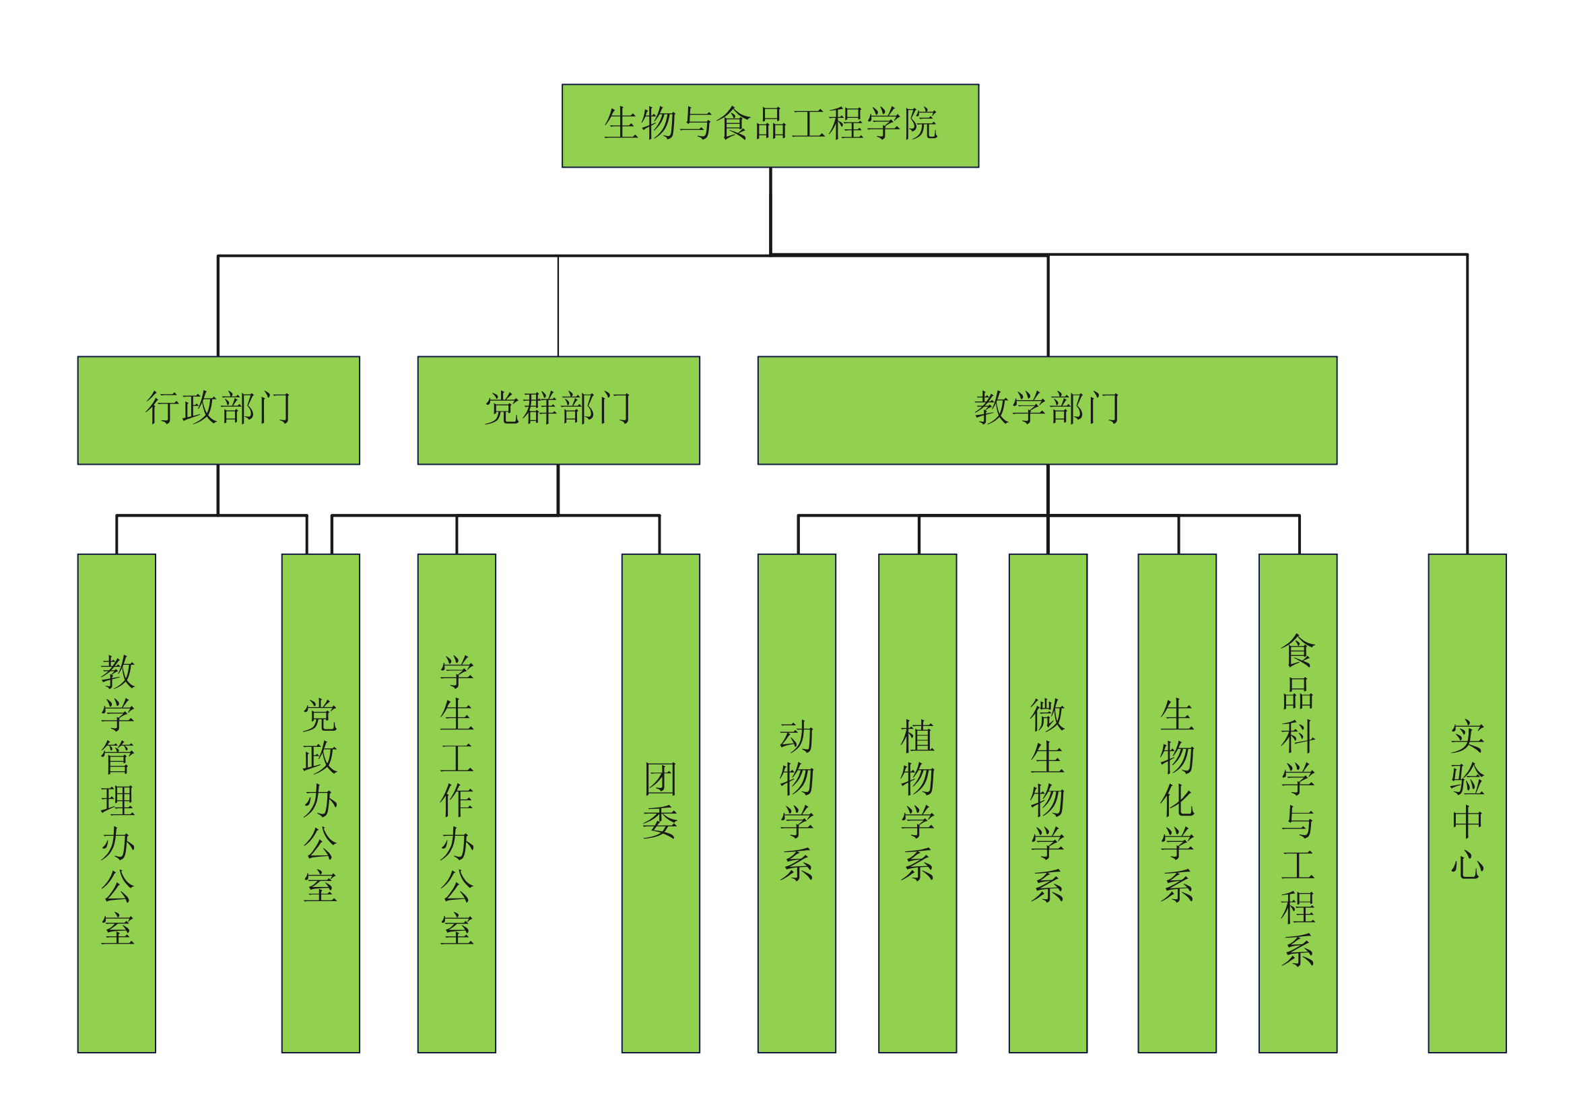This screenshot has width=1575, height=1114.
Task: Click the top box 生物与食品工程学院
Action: click(x=770, y=125)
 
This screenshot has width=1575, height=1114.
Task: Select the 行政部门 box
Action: click(x=218, y=410)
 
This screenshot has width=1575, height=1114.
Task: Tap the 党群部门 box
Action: click(x=558, y=410)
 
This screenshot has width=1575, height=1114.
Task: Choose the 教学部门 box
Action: click(x=1047, y=410)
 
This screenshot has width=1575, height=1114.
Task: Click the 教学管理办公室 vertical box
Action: click(x=116, y=803)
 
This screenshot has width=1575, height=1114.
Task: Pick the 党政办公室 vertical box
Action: click(x=321, y=803)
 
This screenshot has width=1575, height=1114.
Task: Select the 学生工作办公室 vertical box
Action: click(x=456, y=803)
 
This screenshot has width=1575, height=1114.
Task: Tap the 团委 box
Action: click(x=660, y=803)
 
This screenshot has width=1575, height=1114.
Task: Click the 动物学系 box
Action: click(x=797, y=803)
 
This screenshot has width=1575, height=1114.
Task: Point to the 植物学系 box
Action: click(x=917, y=803)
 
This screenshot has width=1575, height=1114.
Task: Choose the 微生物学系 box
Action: click(x=1048, y=803)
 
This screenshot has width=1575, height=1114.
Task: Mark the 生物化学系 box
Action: click(x=1176, y=803)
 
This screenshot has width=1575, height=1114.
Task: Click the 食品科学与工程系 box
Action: click(x=1297, y=803)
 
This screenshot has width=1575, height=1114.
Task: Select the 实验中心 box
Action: click(x=1467, y=803)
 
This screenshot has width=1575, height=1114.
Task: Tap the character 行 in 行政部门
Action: click(x=162, y=408)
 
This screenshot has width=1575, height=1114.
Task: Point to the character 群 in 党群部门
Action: click(x=539, y=408)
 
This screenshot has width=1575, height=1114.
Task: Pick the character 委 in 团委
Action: click(x=660, y=822)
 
